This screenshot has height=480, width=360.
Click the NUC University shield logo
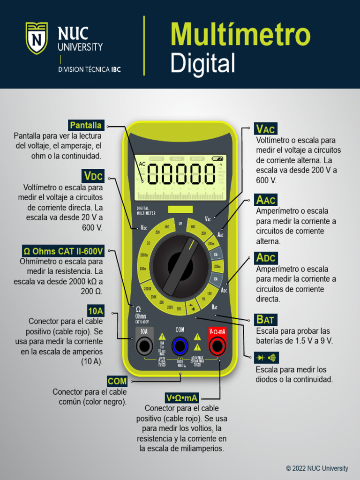[x=37, y=38]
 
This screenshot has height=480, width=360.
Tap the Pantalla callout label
[x=85, y=125]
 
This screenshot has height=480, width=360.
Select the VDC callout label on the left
[x=93, y=176]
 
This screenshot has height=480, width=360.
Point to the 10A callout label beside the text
[x=95, y=310]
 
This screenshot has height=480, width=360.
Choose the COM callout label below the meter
[x=117, y=381]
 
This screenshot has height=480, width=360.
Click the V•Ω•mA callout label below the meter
[x=182, y=398]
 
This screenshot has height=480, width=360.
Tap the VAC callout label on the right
[x=266, y=128]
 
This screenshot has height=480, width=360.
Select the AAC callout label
[x=266, y=200]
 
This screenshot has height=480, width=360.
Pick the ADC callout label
[x=266, y=258]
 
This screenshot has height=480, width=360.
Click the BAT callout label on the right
[x=265, y=320]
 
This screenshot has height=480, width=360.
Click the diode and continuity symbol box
[x=266, y=358]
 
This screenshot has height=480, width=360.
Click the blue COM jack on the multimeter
[x=180, y=346]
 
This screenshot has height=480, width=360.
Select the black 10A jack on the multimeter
[x=144, y=346]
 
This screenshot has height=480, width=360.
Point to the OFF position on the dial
[x=180, y=224]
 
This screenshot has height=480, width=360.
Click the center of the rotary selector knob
[x=180, y=266]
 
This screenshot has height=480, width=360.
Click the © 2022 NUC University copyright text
[x=317, y=468]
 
